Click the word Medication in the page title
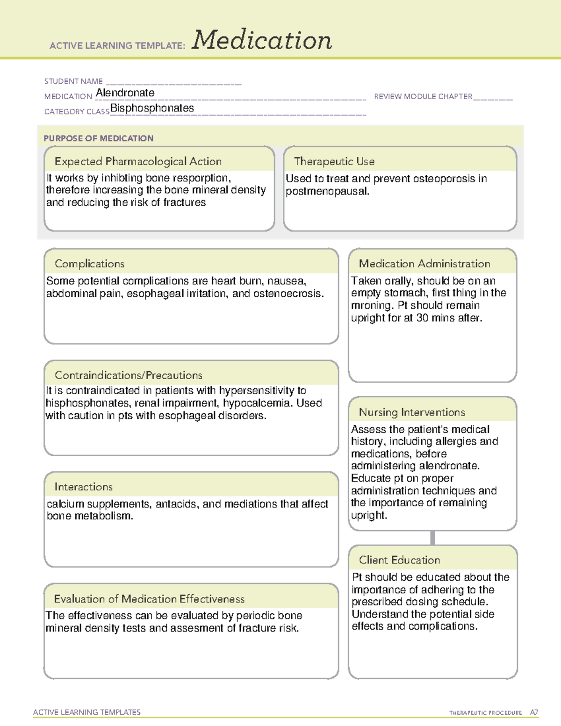262,40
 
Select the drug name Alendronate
125,93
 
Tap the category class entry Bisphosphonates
152,108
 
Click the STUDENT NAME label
73,81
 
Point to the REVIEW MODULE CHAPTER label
423,96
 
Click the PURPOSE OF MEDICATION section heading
99,138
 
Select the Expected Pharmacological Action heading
138,161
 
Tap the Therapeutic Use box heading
334,161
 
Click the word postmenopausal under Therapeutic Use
327,191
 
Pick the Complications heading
90,264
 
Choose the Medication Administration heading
424,264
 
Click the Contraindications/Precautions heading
129,375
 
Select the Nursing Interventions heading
412,412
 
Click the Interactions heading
84,487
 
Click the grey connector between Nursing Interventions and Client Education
432,538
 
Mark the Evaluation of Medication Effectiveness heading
149,599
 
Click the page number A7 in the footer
534,712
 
